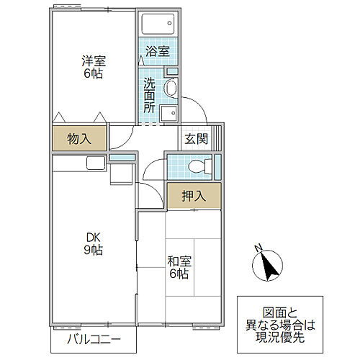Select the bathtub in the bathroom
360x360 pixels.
coord(158,24)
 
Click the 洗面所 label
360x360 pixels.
coord(148,94)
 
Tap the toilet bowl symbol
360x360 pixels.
coord(194,166)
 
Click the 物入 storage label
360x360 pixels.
coord(79,138)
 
